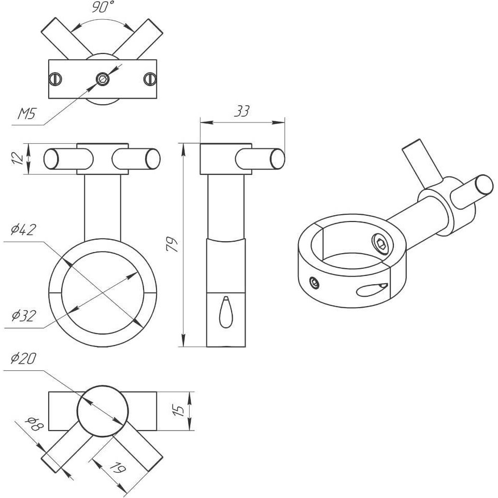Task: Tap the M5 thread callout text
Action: pos(26,114)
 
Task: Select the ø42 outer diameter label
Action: pos(23,230)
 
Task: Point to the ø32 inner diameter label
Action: pos(23,315)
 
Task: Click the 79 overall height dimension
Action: pos(173,244)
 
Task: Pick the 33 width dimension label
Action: pos(242,111)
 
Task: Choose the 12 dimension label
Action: pos(18,158)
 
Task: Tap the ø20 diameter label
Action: pos(23,358)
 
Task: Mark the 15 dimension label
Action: pos(179,410)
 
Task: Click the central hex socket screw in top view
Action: pos(103,78)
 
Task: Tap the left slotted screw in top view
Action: pos(55,78)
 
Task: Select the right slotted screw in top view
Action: pos(150,78)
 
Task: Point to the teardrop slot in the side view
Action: pos(225,312)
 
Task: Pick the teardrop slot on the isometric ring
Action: pos(372,289)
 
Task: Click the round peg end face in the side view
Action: pos(277,158)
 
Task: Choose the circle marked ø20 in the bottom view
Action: pos(103,411)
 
